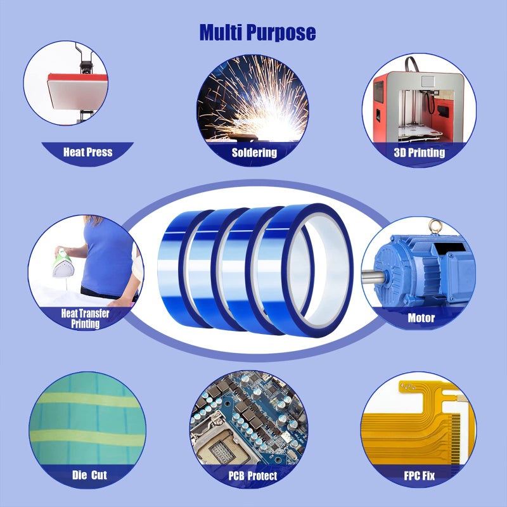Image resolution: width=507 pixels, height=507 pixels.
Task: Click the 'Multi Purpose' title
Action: click(x=257, y=32)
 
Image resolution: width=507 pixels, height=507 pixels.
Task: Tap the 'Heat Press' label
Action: click(x=87, y=152)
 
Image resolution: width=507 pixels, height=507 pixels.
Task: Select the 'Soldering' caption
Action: click(x=254, y=152)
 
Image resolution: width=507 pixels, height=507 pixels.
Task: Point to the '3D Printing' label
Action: click(x=419, y=152)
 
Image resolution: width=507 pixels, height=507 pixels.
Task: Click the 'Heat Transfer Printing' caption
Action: click(x=85, y=318)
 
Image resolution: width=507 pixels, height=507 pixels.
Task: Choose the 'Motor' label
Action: click(x=421, y=318)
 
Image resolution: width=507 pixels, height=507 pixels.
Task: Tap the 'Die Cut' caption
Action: click(x=89, y=474)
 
